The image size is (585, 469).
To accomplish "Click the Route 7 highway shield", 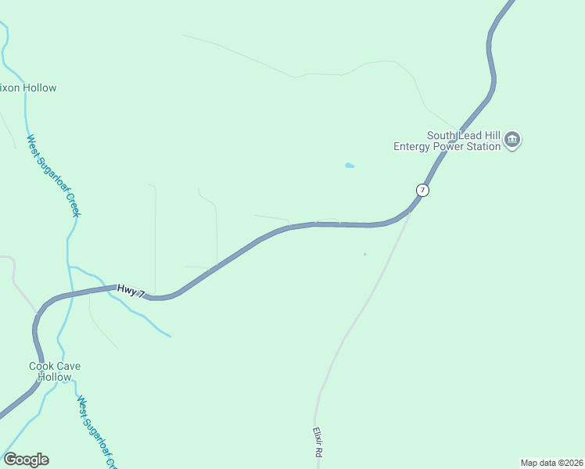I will click(x=422, y=190).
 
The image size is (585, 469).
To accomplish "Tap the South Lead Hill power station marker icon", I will click(x=512, y=141).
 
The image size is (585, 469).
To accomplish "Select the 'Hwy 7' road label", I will click(x=131, y=291).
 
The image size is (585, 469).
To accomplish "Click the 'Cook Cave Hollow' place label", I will click(x=55, y=371).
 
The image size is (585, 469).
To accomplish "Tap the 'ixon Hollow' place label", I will click(x=29, y=88).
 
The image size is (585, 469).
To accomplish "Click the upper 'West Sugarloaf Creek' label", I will click(x=54, y=176).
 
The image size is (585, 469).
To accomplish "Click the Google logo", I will click(x=26, y=460).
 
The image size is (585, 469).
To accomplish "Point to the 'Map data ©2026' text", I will click(x=551, y=462).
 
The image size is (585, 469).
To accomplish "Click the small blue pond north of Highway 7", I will click(x=349, y=166).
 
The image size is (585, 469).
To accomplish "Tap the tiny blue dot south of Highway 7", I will click(x=364, y=254).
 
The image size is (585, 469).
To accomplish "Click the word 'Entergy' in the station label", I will click(x=411, y=146).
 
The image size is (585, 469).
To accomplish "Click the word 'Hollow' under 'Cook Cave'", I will click(x=55, y=377).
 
